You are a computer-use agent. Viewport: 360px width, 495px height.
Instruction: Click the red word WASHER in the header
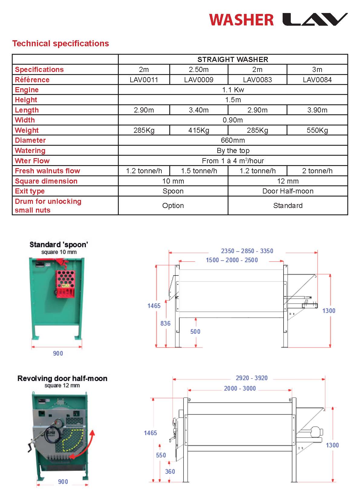coord(241,20)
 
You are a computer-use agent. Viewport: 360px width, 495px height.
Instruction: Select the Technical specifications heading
coord(60,44)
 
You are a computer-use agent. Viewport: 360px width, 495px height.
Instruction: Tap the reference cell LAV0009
coord(199,80)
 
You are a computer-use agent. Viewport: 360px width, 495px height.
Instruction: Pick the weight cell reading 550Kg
coord(317,130)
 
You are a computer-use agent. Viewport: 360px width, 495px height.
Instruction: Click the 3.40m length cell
coord(199,110)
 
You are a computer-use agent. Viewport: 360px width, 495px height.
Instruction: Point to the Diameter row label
coord(30,140)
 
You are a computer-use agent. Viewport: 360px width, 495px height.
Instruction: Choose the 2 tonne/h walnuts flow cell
coord(317,171)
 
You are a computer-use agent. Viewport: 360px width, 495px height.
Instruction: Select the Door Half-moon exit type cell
coord(288,191)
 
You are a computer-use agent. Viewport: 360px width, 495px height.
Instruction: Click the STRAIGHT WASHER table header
coord(233,60)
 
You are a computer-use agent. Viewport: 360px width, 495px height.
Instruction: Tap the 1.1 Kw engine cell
coord(233,90)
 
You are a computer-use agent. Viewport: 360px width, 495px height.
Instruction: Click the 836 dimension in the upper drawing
coord(165,324)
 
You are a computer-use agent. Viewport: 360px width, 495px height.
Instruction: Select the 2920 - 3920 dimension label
coord(251,378)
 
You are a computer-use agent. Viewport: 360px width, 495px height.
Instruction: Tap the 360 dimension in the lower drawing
coord(170,471)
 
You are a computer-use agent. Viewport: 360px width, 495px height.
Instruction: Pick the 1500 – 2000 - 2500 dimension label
coord(232,260)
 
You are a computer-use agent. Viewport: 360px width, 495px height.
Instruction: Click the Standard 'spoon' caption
coord(59,245)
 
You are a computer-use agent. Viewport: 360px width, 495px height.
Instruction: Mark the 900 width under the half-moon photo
coord(63,482)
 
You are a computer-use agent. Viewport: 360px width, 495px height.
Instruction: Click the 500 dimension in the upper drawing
coord(195,331)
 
